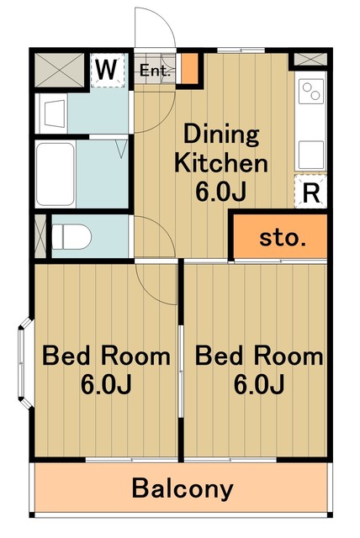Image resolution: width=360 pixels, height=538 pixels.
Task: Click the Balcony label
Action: tap(183, 488)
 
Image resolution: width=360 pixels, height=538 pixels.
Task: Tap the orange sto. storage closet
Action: tap(280, 236)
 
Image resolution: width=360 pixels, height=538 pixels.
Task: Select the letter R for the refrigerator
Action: tap(311, 194)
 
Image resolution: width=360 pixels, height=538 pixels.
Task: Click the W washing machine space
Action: tap(107, 70)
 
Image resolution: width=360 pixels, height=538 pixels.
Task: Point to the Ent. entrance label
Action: tap(155, 71)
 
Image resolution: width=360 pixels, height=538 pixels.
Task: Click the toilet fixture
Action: tap(71, 236)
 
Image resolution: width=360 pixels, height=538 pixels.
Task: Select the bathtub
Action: tap(56, 174)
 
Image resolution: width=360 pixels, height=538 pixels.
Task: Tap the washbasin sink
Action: tap(54, 113)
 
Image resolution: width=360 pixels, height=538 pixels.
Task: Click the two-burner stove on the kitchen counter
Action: tap(311, 91)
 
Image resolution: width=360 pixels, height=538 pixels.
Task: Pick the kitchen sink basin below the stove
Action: tap(311, 155)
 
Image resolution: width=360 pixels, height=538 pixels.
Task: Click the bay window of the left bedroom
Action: tap(25, 363)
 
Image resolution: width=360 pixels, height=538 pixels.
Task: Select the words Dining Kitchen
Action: tap(221, 149)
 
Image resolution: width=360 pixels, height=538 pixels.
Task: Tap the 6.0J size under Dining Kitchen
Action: tap(221, 191)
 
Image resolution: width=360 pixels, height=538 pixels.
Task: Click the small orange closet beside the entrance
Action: tap(189, 68)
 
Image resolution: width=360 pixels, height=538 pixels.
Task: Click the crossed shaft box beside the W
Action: tap(60, 70)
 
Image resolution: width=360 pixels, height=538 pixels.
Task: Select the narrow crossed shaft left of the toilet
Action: tap(40, 236)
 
